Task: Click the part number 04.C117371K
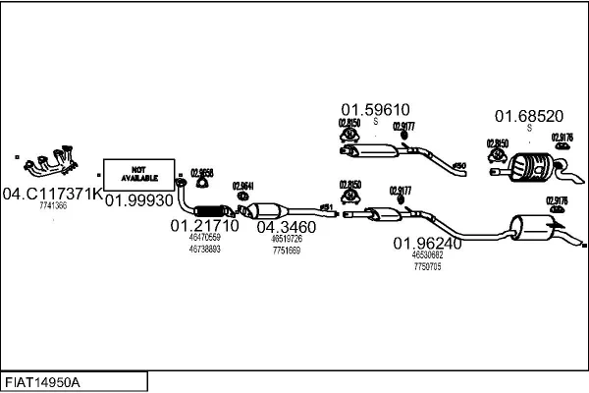[x=51, y=195]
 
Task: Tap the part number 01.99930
[x=138, y=199]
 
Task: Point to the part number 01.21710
[x=204, y=226]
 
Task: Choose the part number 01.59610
[x=375, y=109]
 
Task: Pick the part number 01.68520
[x=528, y=115]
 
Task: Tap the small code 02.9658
[x=201, y=168]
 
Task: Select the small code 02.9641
[x=242, y=186]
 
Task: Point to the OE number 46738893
[x=204, y=249]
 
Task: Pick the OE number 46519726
[x=286, y=239]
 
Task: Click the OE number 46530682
[x=427, y=255]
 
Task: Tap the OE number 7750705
[x=427, y=266]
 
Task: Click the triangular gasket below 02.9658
[x=202, y=181]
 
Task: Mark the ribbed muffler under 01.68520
[x=531, y=168]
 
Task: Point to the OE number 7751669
[x=286, y=250]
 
